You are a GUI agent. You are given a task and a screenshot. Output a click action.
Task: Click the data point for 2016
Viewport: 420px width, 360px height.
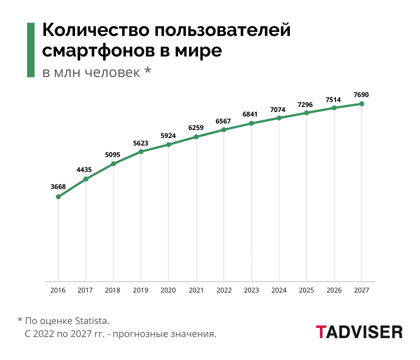pos(58,197)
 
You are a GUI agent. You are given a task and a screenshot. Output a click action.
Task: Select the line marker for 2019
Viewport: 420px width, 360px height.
pos(141,151)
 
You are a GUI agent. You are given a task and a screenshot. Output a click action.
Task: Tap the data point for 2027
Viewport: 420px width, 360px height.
pos(361,104)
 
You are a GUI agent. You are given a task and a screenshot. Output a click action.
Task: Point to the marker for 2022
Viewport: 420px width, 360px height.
pos(224,130)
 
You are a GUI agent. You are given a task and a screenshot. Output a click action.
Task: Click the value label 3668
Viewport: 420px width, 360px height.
pos(58,186)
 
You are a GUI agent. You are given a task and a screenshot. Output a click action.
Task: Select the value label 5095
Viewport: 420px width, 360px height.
pos(113,154)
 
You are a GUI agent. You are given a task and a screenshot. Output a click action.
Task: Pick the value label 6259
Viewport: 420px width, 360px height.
pos(196,127)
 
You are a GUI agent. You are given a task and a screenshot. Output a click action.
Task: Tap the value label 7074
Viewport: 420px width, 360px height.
pos(278,109)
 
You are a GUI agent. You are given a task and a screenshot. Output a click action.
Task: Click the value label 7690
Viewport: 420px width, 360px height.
pos(361,94)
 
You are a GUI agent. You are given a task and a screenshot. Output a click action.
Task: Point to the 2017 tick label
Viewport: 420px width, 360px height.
pos(86,290)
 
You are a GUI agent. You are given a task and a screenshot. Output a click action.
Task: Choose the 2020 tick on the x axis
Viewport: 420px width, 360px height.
pos(168,290)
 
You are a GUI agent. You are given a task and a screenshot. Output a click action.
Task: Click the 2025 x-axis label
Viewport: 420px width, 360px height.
pos(306,290)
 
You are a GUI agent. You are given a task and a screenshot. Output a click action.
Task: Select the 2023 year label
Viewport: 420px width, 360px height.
pos(251,290)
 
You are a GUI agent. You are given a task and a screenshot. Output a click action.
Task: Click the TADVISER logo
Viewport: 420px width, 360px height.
pos(359,331)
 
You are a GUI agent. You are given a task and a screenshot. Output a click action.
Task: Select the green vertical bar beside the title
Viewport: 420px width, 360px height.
pos(30,50)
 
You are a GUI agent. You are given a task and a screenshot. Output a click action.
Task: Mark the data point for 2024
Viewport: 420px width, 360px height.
pos(279,118)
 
